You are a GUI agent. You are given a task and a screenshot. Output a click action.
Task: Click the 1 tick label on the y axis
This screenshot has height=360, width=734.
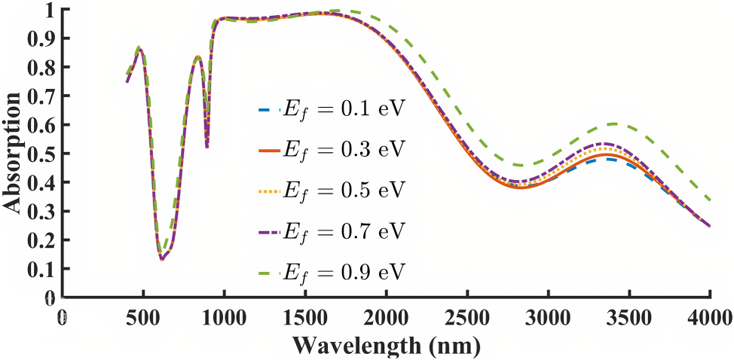pyautogui.click(x=51, y=10)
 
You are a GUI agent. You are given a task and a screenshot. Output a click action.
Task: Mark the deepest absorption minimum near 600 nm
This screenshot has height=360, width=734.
pyautogui.click(x=161, y=259)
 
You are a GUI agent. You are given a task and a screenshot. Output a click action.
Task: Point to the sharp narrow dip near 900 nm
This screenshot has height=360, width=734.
pyautogui.click(x=207, y=146)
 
